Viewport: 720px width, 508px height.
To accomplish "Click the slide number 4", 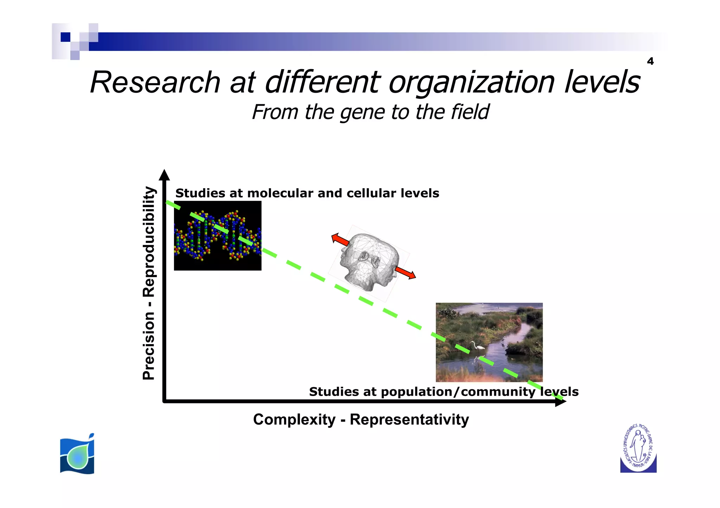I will (x=650, y=61).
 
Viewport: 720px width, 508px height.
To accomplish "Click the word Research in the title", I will (x=155, y=83).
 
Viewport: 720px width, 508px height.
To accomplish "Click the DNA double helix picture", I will (x=218, y=236).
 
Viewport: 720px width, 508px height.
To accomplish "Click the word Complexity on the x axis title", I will (x=294, y=420).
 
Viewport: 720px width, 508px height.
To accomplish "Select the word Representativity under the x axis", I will (x=409, y=420).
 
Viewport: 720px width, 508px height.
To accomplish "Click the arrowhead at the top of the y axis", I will (x=164, y=175).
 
